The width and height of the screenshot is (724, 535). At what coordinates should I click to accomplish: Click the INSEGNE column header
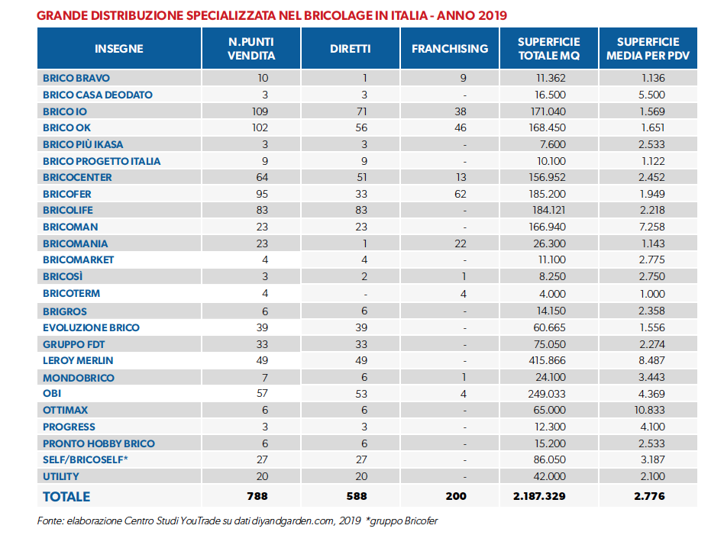[118, 49]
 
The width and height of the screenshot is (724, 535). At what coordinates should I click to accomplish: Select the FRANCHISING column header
[450, 49]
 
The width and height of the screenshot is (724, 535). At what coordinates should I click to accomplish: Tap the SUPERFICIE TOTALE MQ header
[548, 49]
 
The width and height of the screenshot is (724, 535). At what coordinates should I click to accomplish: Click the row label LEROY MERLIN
[78, 360]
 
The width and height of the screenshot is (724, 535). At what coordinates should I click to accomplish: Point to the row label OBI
[52, 393]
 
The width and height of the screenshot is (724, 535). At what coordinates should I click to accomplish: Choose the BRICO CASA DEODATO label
[98, 95]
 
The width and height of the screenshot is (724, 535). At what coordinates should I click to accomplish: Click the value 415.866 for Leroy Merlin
[547, 360]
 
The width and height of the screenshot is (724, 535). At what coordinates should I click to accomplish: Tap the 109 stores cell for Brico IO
[260, 111]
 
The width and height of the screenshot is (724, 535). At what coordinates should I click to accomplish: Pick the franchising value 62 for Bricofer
[461, 194]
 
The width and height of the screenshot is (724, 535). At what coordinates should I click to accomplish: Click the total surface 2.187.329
[539, 496]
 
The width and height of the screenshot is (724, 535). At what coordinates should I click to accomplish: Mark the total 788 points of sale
[257, 496]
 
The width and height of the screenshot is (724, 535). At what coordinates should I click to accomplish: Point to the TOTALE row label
[66, 497]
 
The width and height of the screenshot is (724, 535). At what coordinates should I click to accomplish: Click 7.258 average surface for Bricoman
[652, 227]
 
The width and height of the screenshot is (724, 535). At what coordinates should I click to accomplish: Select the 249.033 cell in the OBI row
[547, 394]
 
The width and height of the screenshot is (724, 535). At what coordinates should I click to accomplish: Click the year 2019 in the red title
[492, 16]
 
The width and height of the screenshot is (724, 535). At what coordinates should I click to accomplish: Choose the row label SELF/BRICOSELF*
[86, 459]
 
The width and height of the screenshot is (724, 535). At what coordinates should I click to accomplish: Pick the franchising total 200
[456, 496]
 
